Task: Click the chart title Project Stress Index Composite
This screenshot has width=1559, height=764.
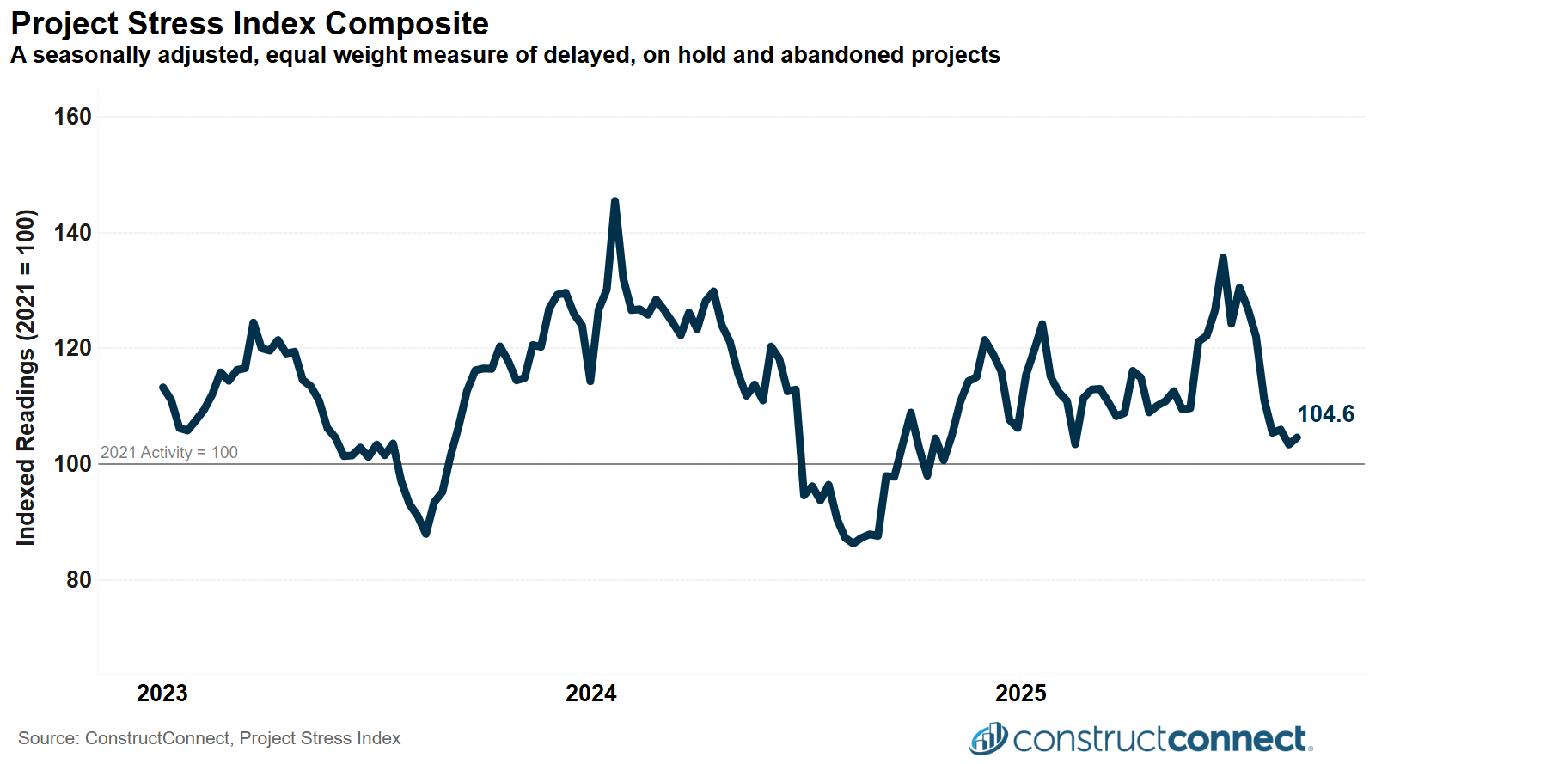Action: point(249,23)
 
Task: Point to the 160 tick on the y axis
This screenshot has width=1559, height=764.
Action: point(72,117)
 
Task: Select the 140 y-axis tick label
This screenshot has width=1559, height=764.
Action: point(72,233)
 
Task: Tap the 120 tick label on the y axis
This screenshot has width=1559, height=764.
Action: point(72,348)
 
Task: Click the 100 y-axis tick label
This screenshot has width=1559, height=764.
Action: point(72,464)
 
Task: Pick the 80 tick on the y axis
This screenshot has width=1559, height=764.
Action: point(78,580)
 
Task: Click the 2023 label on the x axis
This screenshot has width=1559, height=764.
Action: point(162,694)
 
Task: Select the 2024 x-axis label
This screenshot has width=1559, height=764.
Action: point(590,694)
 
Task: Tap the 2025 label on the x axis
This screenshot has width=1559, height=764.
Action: point(1020,694)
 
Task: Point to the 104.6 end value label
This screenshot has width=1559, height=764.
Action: point(1325,414)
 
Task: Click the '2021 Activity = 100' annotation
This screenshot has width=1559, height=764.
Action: point(169,452)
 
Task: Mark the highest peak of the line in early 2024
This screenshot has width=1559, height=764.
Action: point(614,201)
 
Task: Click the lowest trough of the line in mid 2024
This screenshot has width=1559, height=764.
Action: point(853,543)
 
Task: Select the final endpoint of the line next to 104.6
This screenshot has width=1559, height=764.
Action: point(1297,437)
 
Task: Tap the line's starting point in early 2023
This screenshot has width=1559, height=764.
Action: point(162,388)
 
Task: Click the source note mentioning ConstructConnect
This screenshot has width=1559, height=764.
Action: point(209,738)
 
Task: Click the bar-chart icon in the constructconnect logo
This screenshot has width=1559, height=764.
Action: point(988,739)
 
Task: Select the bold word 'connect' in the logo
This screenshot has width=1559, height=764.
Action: point(1237,739)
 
